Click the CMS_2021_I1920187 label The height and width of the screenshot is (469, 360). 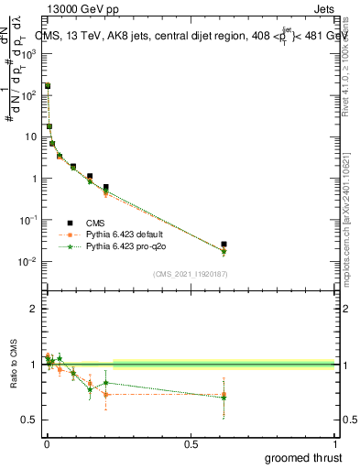pos(189,273)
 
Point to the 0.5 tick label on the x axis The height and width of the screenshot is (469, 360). pos(191,442)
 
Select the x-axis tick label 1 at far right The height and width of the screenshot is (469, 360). pos(335,442)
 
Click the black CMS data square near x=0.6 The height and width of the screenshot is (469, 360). pos(224,245)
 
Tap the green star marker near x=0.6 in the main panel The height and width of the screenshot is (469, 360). pos(224,251)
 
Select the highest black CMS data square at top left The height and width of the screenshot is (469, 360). pos(47,85)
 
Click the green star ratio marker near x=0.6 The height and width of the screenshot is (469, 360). pos(224,397)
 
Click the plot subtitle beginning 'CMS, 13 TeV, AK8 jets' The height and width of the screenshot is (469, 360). pos(183,36)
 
